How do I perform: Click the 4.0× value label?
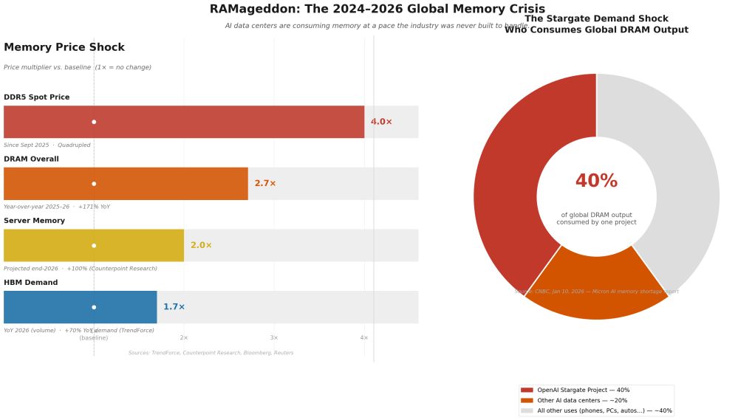point(381,122)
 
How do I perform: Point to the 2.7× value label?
point(265,184)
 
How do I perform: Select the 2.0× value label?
point(201,245)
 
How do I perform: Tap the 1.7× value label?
point(174,307)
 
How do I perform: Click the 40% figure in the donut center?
point(596,182)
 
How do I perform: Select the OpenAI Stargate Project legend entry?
point(583,390)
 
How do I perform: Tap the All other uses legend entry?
point(604,410)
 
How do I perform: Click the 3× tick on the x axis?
point(274,337)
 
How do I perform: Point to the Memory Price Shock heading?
point(64,48)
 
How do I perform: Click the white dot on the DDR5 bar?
point(94,122)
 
